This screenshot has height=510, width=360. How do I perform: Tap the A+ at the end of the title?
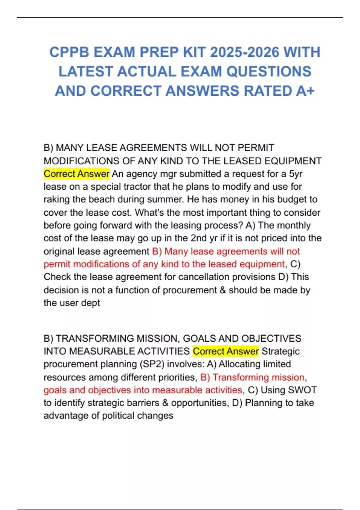(x=305, y=91)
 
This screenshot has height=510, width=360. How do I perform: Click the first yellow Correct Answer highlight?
(x=76, y=174)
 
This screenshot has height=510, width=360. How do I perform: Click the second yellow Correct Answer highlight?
(x=226, y=351)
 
